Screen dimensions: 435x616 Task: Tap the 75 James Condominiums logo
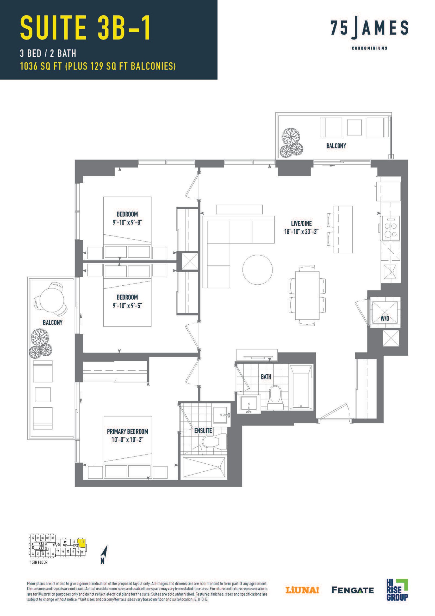pos(369,34)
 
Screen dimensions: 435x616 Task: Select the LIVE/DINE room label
pos(302,223)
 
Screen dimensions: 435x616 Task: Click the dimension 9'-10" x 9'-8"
pos(127,222)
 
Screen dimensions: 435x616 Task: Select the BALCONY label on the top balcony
pos(336,146)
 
